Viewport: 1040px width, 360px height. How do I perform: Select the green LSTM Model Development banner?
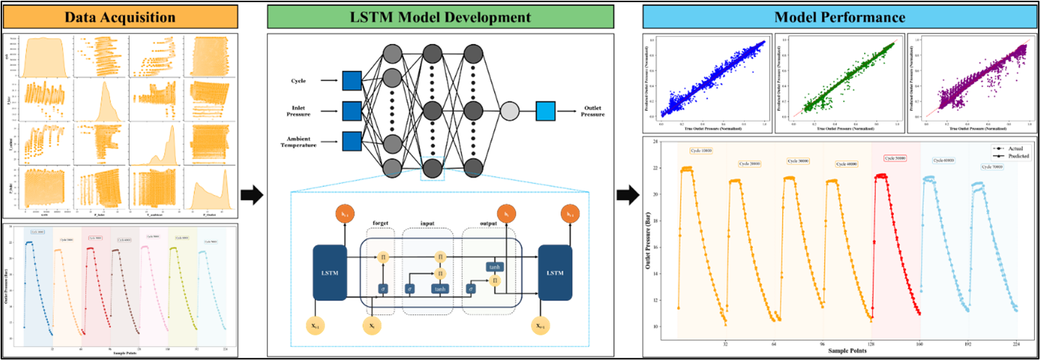tap(440, 17)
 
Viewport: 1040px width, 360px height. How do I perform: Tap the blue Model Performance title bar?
tap(839, 17)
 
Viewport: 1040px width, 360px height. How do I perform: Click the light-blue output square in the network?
tap(545, 111)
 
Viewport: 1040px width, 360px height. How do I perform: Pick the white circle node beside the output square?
tap(510, 111)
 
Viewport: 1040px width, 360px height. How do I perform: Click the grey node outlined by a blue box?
tap(432, 168)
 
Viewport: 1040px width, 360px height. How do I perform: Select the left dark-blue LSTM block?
tap(330, 272)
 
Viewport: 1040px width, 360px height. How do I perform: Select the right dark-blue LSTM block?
tap(555, 272)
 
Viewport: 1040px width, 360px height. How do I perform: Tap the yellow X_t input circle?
tap(371, 327)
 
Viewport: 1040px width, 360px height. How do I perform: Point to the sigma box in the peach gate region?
tap(383, 288)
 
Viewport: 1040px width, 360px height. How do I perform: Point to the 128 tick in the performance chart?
tap(871, 345)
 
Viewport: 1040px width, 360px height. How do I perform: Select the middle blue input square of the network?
tap(351, 111)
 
